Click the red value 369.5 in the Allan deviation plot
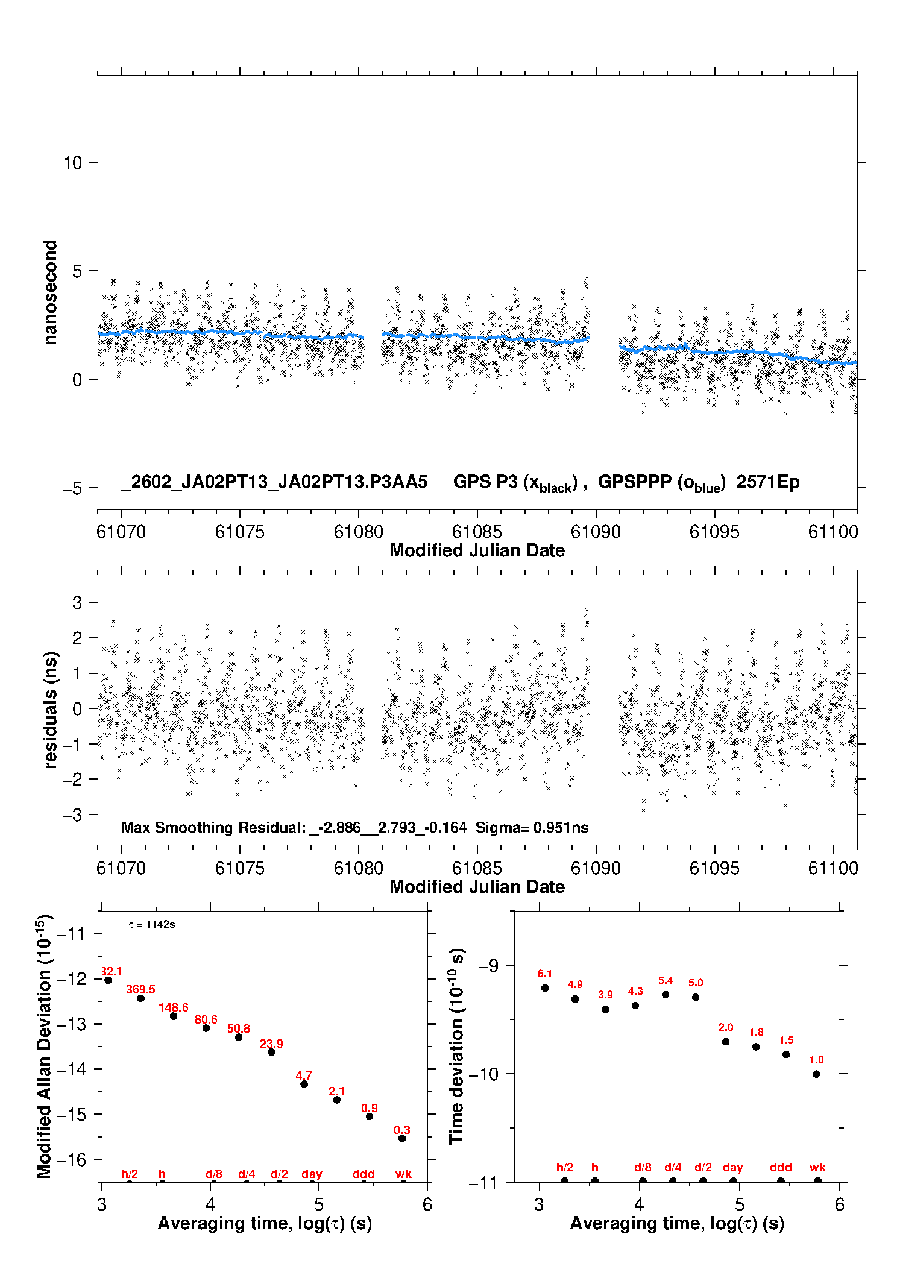(x=140, y=989)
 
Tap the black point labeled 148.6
(x=174, y=1016)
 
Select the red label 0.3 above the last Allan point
(x=402, y=1130)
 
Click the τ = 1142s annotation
(x=152, y=924)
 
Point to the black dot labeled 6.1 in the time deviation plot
(x=545, y=987)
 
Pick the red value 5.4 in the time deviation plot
(x=666, y=980)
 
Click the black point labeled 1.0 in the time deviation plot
(x=816, y=1074)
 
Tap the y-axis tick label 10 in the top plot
(x=72, y=162)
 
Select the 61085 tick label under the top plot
(x=477, y=532)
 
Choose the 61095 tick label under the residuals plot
(x=714, y=868)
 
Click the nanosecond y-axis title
(x=50, y=292)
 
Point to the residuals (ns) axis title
(x=51, y=710)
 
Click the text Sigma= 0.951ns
(x=532, y=827)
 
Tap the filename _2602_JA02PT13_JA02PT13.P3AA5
(x=274, y=482)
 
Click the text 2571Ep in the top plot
(x=768, y=482)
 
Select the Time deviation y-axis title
(x=456, y=1047)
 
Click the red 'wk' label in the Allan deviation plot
(x=403, y=1174)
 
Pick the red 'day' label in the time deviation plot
(x=732, y=1167)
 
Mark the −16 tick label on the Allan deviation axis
(x=71, y=1159)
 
